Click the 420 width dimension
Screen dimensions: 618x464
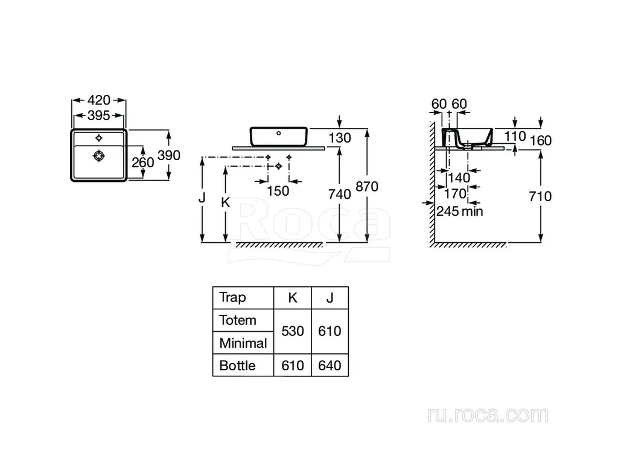coord(99,100)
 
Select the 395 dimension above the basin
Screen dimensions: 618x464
coord(99,115)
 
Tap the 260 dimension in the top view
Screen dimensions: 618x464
coord(142,162)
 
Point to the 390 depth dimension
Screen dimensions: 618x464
coord(169,155)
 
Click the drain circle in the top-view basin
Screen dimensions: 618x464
coord(98,156)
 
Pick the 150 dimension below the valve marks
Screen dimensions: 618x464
coord(278,191)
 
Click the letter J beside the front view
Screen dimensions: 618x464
coord(202,198)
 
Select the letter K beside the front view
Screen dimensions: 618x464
coord(226,202)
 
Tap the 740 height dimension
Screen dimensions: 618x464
coord(339,194)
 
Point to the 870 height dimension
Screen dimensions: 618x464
coord(367,186)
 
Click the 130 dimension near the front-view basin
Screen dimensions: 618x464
coord(339,138)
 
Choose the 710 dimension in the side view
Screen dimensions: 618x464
coord(540,196)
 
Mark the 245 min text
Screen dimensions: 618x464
coord(459,211)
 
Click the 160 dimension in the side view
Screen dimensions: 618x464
coord(540,140)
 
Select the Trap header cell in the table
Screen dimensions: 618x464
coord(243,297)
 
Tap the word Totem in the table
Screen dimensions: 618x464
coord(238,320)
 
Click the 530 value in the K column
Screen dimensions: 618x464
coord(293,331)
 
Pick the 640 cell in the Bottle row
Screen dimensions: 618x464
coord(330,366)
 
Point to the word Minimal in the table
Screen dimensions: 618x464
coord(243,343)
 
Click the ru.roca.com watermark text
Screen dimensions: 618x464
coord(488,414)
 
